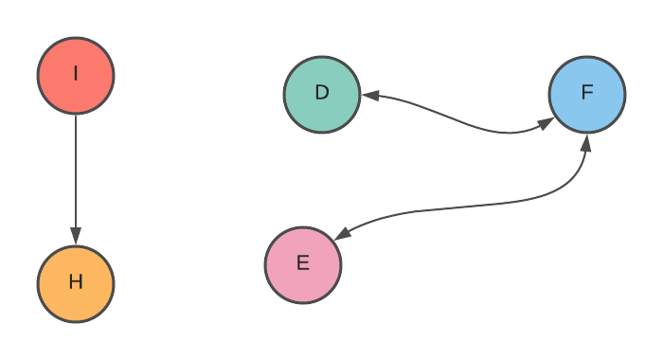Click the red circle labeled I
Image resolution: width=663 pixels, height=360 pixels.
pos(76,75)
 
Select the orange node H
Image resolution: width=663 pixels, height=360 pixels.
pos(76,283)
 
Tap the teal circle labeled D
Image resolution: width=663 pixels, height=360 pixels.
pos(322,94)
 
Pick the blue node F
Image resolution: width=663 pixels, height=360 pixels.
pos(586,94)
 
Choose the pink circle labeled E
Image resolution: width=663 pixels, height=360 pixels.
pos(303,264)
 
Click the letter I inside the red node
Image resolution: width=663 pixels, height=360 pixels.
pos(76,74)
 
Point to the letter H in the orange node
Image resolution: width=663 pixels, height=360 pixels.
pos(76,282)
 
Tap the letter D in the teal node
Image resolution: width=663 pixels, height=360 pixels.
pos(322,93)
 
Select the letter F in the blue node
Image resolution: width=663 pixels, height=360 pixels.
pos(586,93)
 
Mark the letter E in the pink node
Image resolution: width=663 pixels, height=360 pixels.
pos(303,263)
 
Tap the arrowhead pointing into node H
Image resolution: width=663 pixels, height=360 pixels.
pos(76,236)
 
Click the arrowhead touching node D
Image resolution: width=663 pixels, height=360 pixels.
pos(370,96)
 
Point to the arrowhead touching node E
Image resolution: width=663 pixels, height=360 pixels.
pos(343,234)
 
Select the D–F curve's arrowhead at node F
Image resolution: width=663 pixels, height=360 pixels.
pos(546,122)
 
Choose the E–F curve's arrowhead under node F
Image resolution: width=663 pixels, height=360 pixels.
pos(585,142)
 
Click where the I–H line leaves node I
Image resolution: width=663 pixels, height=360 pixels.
pos(76,115)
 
